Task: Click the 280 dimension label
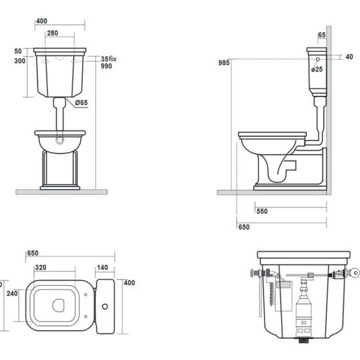(53, 34)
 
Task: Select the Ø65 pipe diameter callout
(81, 102)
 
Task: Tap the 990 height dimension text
(106, 66)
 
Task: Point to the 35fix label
(108, 59)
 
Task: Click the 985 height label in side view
(224, 62)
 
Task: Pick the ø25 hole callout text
(317, 69)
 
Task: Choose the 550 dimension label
(262, 212)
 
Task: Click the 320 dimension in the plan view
(41, 267)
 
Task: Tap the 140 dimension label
(102, 267)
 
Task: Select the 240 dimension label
(12, 294)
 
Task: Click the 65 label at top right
(322, 35)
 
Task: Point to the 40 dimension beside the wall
(349, 56)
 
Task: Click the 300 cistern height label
(20, 61)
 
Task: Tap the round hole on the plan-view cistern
(105, 306)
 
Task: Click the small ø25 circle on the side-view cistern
(318, 59)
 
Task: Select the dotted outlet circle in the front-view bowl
(60, 141)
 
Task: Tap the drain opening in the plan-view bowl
(58, 306)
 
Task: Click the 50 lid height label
(18, 51)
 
